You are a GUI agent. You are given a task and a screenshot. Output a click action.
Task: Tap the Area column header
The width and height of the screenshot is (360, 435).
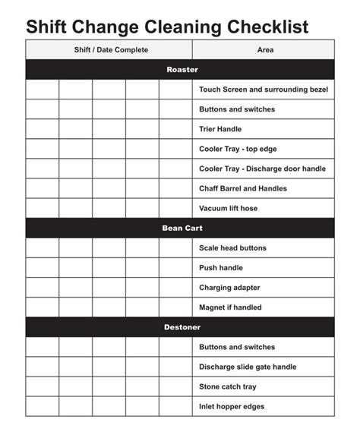pyautogui.click(x=265, y=50)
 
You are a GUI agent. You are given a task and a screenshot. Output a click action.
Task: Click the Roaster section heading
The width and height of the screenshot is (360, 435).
pyautogui.click(x=182, y=70)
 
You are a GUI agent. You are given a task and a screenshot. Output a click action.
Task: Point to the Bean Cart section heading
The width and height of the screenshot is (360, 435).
pyautogui.click(x=182, y=228)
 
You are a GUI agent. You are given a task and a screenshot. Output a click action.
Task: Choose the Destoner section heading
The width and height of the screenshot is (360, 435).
pyautogui.click(x=182, y=327)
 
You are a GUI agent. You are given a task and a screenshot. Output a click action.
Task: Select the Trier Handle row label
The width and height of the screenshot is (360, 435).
pyautogui.click(x=220, y=129)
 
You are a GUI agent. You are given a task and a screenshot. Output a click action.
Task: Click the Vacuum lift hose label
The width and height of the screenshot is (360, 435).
pyautogui.click(x=228, y=208)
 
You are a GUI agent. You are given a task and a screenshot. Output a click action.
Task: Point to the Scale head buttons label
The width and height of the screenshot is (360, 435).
pyautogui.click(x=232, y=248)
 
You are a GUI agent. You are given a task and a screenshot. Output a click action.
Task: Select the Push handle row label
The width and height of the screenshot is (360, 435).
pyautogui.click(x=221, y=268)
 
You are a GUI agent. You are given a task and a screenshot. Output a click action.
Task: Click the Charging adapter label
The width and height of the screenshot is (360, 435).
pyautogui.click(x=229, y=288)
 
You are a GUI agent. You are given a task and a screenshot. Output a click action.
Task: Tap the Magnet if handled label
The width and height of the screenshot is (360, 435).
pyautogui.click(x=230, y=307)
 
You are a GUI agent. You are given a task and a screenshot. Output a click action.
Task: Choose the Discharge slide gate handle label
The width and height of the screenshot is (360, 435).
pyautogui.click(x=248, y=367)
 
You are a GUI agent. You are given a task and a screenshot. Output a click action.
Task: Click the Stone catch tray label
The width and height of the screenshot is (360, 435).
pyautogui.click(x=227, y=386)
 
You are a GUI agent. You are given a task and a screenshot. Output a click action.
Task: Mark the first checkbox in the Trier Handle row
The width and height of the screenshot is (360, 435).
pyautogui.click(x=43, y=129)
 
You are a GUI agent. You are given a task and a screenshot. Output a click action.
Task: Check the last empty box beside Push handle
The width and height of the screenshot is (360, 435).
pyautogui.click(x=175, y=268)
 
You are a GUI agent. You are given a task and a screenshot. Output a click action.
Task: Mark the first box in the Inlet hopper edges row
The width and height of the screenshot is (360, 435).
pyautogui.click(x=43, y=406)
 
